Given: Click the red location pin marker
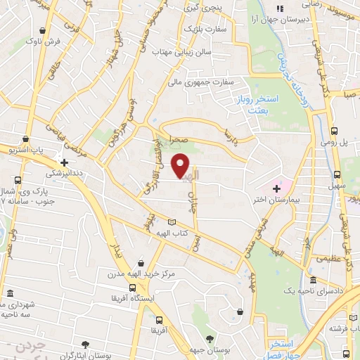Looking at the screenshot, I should point(181,165).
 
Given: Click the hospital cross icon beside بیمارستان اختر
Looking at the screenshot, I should point(276,188).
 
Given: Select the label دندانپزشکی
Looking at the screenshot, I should point(66,172).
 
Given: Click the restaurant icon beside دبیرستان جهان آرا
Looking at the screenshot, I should point(280,9).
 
